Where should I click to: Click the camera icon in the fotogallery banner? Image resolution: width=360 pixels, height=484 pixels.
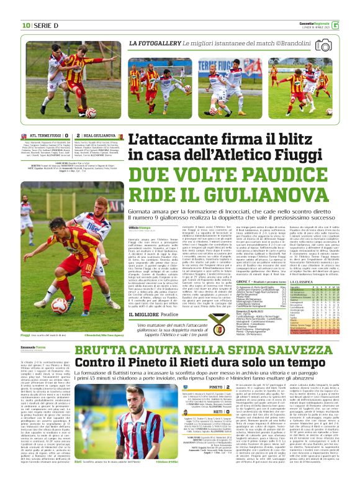[x=323, y=45]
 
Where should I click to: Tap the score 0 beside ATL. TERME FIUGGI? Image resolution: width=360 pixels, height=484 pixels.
[x=70, y=135]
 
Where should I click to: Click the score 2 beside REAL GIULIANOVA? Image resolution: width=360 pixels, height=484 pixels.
[x=78, y=135]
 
